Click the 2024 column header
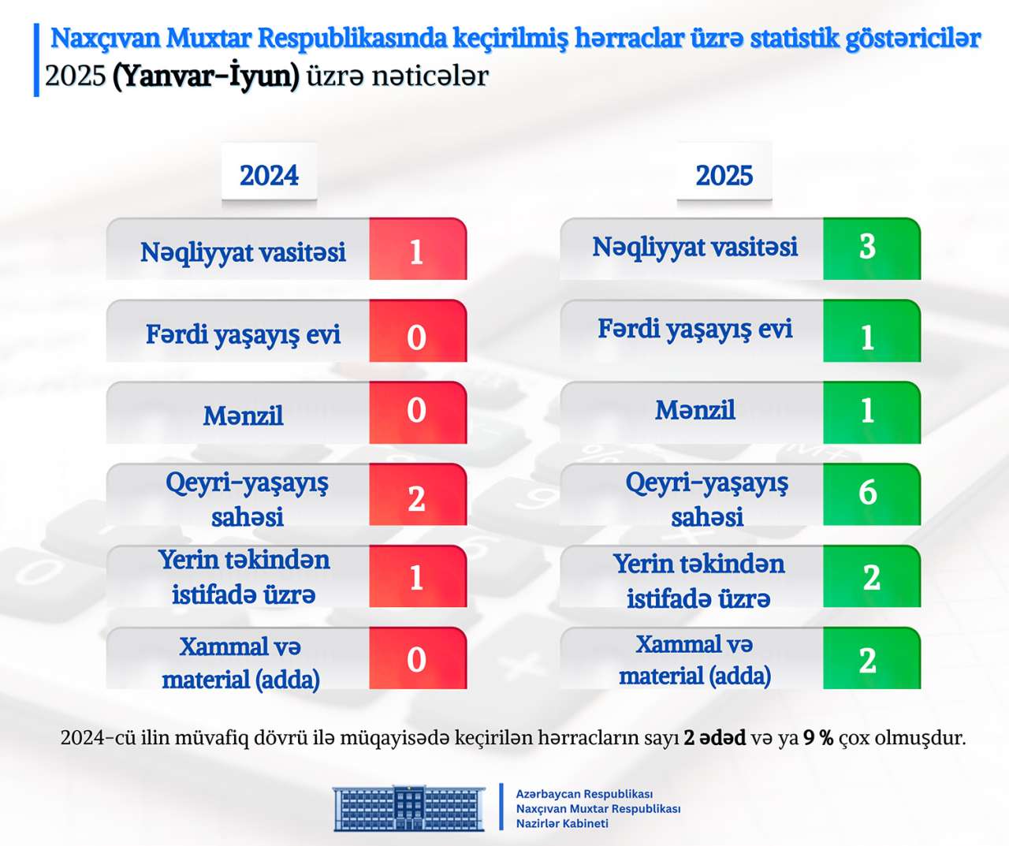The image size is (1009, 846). (x=269, y=175)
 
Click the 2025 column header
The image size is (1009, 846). (x=724, y=175)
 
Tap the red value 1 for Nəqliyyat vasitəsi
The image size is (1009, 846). (x=417, y=252)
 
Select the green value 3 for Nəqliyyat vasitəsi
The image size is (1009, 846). (x=868, y=247)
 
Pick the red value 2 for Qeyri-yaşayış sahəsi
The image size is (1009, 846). (x=417, y=498)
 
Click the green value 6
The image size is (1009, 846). (x=868, y=493)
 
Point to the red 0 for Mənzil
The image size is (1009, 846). (x=417, y=411)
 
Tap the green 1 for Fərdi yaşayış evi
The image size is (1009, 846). (x=868, y=337)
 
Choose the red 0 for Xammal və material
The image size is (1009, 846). (x=417, y=659)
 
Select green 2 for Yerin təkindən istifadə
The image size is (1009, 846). (x=871, y=578)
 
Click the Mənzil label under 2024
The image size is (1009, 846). (x=243, y=416)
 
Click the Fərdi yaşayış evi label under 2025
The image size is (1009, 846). (x=694, y=329)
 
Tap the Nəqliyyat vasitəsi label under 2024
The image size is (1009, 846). (x=243, y=252)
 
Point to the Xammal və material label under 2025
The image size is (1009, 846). (x=694, y=660)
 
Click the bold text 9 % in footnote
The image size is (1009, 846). (x=818, y=738)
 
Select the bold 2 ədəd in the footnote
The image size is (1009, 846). (x=714, y=738)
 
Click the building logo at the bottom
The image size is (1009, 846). (x=409, y=808)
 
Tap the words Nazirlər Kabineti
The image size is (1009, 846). (x=562, y=824)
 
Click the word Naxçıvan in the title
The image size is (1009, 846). (x=106, y=38)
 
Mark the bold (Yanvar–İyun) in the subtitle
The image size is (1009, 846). (x=206, y=76)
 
